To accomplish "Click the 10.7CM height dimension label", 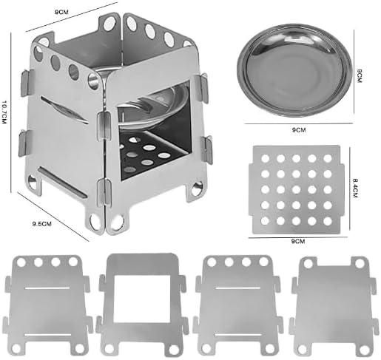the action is pyautogui.click(x=4, y=112).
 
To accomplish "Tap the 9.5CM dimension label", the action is pyautogui.click(x=42, y=224).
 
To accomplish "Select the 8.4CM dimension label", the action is pyautogui.click(x=355, y=188).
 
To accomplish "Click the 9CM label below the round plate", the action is pyautogui.click(x=299, y=130).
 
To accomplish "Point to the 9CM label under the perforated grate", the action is pyautogui.click(x=298, y=241).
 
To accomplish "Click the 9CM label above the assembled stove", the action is pyautogui.click(x=61, y=12).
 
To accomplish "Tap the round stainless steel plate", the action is pyautogui.click(x=294, y=70).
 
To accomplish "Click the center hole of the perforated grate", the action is pyautogui.click(x=296, y=189).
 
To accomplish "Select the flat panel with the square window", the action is pyautogui.click(x=141, y=305).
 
